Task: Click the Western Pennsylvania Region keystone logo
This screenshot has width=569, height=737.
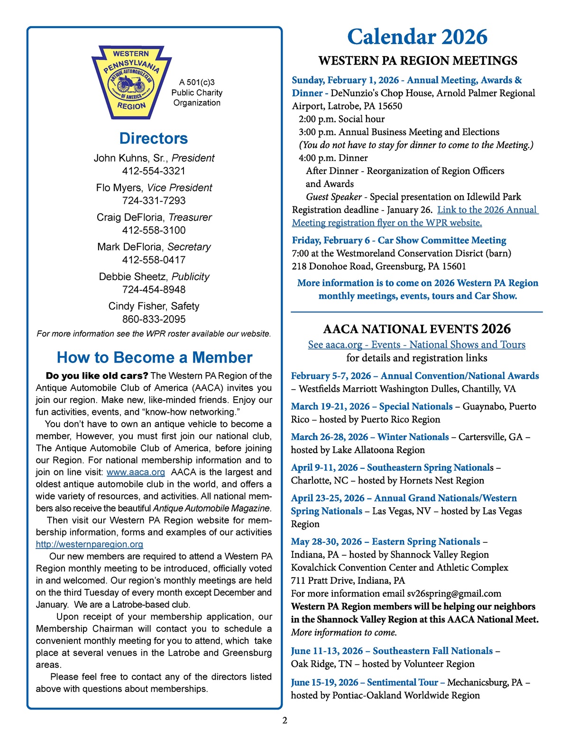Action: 131,82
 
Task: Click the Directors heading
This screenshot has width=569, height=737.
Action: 154,138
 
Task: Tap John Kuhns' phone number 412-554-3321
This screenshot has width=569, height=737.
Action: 154,171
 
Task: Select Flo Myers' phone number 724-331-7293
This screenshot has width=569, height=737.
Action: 154,201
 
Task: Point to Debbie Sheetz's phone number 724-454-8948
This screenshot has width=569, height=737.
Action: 154,289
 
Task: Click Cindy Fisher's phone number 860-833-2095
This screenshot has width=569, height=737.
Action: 154,319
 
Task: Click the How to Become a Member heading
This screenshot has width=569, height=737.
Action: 155,357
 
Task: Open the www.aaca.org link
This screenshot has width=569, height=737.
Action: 136,472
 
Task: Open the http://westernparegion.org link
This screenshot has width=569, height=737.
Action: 90,544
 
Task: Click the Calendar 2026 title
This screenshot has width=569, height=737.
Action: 417,37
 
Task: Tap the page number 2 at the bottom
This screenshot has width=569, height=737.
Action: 284,720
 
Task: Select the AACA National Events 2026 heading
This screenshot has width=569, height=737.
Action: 417,329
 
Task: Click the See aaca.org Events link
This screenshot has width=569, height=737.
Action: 417,345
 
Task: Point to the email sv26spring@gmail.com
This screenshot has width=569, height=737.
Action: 454,593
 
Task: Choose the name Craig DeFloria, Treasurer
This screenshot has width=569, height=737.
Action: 154,217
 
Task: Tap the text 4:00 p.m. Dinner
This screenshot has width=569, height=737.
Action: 333,158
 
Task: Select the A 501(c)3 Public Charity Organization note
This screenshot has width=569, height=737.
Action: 197,93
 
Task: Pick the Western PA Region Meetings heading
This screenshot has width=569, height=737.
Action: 418,61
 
